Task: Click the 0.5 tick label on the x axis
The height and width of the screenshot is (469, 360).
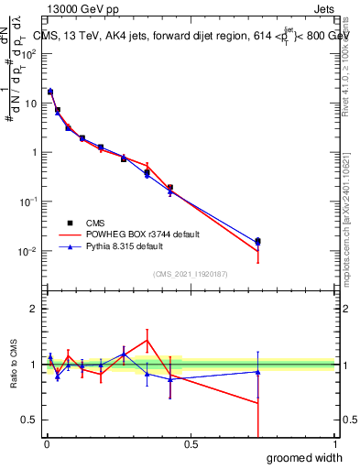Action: [191, 444]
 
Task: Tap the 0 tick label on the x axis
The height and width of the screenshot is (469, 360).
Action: [46, 444]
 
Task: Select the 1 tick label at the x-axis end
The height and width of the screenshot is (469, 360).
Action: [334, 444]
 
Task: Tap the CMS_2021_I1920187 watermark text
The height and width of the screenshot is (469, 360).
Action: [190, 273]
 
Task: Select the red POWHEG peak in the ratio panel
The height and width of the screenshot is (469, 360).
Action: [147, 341]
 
